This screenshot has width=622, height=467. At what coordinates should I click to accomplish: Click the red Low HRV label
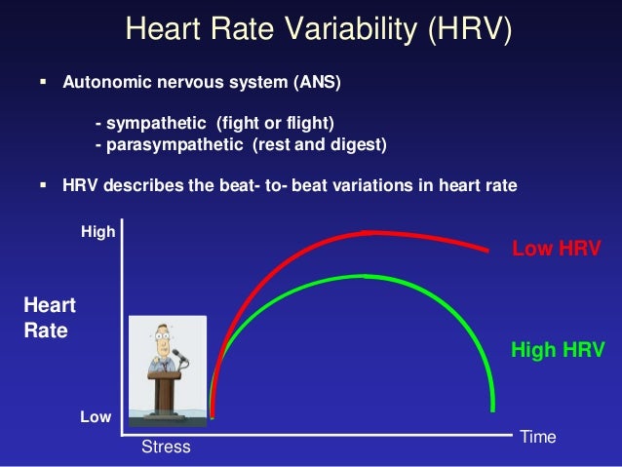(x=556, y=249)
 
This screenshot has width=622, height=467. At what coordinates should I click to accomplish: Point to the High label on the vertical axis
(x=97, y=232)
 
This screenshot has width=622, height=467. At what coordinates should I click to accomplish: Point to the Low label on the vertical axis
(x=96, y=416)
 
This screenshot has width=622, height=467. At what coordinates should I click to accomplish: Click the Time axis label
(x=538, y=437)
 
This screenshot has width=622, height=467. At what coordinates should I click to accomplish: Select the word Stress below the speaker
(x=167, y=448)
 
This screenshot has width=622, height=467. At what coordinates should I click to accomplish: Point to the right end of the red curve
(x=488, y=251)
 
